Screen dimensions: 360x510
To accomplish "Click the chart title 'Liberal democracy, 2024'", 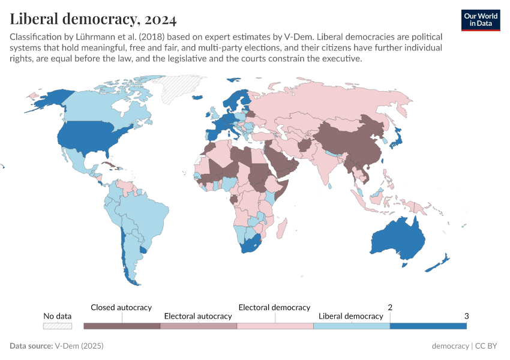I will [93, 19].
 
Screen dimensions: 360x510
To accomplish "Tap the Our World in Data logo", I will [480, 19].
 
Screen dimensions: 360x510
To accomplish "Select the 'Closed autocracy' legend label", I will [121, 307].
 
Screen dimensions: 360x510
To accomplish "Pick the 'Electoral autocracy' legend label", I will [198, 316].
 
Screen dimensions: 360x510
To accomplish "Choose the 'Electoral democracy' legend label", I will [274, 307].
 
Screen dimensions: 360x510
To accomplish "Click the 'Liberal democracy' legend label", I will [350, 316].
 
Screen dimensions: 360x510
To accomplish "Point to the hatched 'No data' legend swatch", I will [58, 326].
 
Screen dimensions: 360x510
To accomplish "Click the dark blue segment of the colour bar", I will [428, 326].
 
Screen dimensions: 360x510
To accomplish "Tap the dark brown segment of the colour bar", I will [122, 326].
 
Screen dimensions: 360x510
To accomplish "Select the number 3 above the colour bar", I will [466, 316].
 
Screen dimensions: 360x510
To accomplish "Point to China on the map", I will [354, 141].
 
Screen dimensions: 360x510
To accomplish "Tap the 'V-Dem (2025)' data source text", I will [79, 346].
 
